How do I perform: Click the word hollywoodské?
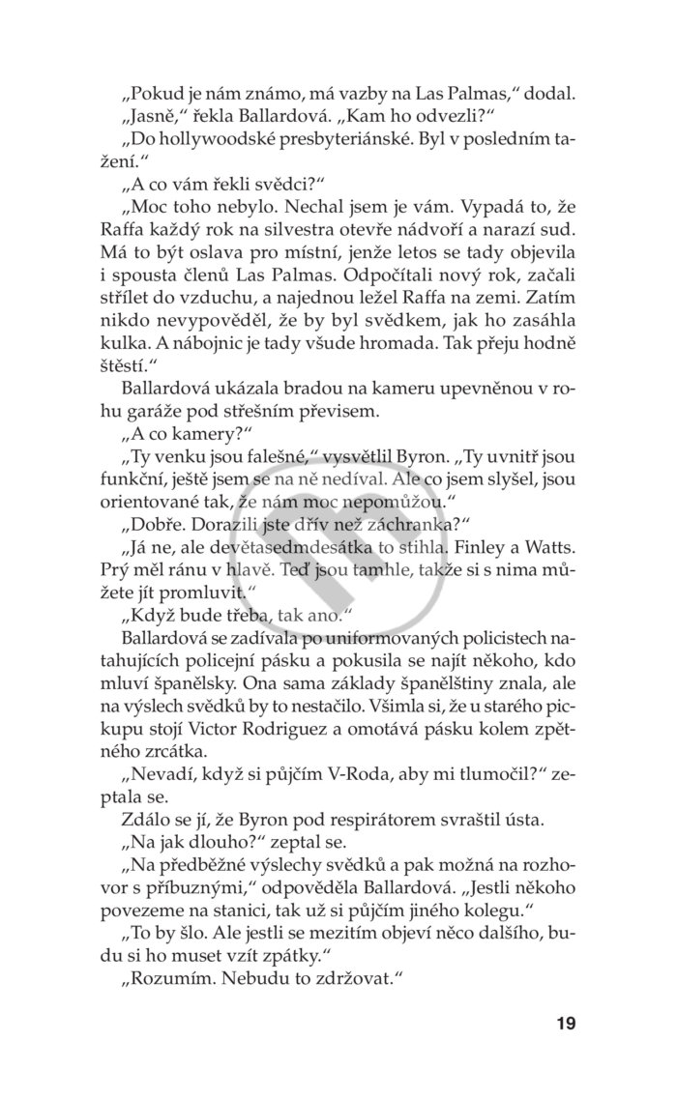click(210, 140)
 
